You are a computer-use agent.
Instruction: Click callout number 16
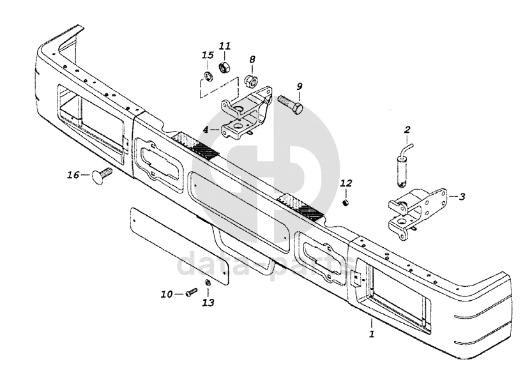(x=73, y=176)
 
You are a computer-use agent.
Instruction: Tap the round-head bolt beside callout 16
(x=101, y=175)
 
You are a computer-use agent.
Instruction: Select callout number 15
(x=208, y=55)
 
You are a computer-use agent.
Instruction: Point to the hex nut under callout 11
(x=224, y=67)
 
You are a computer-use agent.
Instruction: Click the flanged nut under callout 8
(x=252, y=80)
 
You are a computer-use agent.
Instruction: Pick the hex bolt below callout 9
(x=290, y=104)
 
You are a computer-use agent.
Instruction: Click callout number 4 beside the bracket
(x=206, y=130)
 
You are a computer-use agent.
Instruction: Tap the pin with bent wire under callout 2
(x=404, y=165)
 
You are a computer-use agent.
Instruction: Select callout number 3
(x=462, y=197)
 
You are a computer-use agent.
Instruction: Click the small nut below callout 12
(x=346, y=203)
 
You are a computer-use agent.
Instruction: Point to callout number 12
(x=346, y=183)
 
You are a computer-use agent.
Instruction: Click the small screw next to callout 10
(x=192, y=292)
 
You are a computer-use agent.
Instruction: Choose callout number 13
(x=209, y=302)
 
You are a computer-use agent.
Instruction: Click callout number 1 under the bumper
(x=372, y=333)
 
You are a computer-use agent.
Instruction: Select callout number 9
(x=299, y=86)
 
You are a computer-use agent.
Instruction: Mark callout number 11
(x=224, y=46)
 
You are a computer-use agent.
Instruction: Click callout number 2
(x=407, y=129)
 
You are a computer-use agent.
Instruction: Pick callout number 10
(x=167, y=294)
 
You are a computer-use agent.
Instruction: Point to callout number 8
(x=252, y=59)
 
